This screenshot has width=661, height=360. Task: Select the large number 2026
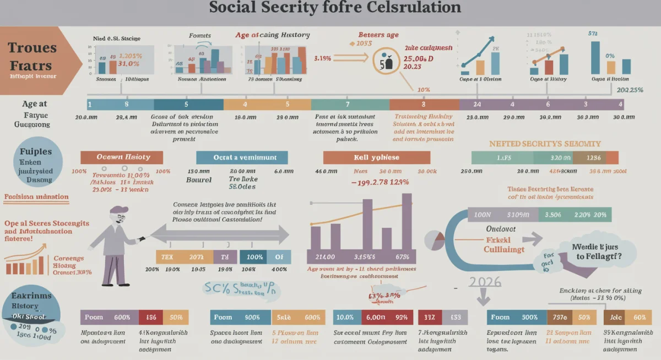point(485,282)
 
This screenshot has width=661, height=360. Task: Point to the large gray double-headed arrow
point(219,233)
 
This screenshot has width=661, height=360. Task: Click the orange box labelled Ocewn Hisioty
point(122,157)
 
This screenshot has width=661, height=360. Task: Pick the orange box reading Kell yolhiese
point(376,157)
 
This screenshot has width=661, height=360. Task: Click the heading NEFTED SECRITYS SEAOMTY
point(545,144)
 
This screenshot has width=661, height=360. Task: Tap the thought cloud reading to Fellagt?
point(592,252)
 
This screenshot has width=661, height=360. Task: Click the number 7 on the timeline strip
point(348,104)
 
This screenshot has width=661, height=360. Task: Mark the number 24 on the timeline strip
point(477,104)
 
